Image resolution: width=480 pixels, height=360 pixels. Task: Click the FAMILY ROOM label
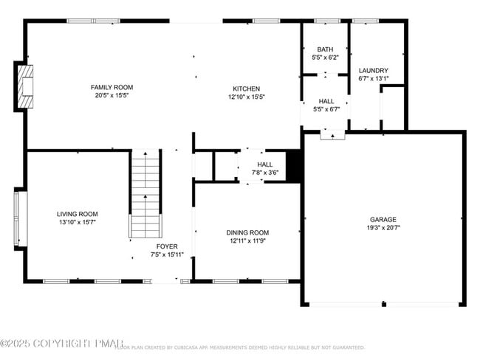[x=112, y=87]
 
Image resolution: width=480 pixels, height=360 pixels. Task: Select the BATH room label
[x=325, y=49]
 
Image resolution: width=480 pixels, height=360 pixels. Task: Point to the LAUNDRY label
[x=374, y=71]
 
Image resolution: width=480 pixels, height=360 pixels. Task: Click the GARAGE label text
[x=383, y=219]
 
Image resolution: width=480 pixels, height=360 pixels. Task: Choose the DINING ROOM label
[x=247, y=232]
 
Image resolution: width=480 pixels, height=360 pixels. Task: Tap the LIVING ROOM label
[x=78, y=212]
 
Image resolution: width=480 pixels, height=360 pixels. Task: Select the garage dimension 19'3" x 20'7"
[x=383, y=228]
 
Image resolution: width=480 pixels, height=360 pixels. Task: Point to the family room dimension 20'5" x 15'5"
[x=112, y=96]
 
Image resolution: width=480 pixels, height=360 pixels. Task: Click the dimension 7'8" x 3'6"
[x=264, y=173]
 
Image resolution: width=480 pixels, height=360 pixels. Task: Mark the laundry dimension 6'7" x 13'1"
[x=374, y=80]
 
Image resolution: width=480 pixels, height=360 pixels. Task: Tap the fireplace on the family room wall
[x=25, y=88]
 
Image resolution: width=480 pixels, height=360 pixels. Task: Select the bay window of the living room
[x=20, y=219]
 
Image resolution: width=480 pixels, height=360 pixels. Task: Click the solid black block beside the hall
[x=294, y=165]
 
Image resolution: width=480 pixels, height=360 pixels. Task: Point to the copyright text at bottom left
[x=58, y=343]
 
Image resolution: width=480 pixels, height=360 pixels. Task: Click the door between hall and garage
[x=332, y=134]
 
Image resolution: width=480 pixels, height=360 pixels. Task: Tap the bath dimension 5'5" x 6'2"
[x=325, y=58]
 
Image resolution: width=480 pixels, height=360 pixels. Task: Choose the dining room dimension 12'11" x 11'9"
[x=247, y=241]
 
